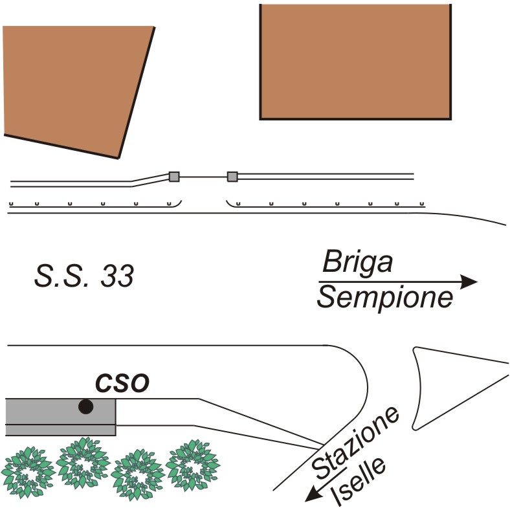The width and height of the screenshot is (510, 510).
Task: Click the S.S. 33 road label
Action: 84,277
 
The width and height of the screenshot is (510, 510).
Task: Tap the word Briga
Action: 358,263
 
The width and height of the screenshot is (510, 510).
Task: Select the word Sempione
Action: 385,298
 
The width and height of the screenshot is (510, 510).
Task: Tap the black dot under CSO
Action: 85,406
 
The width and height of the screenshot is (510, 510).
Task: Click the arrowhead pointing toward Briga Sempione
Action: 469,282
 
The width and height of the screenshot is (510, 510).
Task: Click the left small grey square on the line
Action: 173,176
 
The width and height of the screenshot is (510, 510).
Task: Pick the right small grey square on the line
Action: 232,176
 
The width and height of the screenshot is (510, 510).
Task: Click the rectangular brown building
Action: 355,61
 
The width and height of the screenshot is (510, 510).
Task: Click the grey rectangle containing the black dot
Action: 60,416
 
